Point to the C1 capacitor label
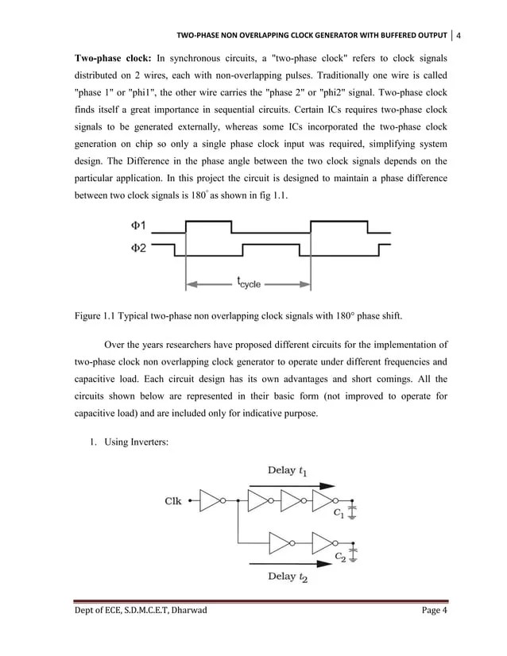tap(339, 513)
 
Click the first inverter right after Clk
tap(211, 501)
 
